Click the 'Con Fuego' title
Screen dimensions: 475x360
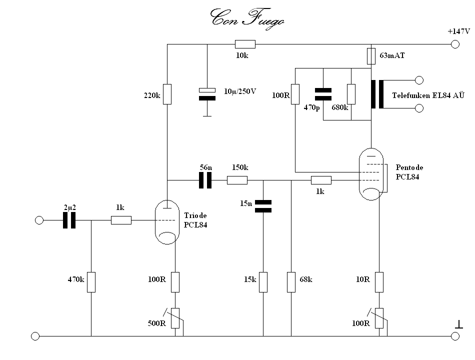pyautogui.click(x=247, y=19)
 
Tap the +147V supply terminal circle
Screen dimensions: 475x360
pyautogui.click(x=455, y=44)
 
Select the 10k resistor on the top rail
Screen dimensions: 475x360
pyautogui.click(x=245, y=44)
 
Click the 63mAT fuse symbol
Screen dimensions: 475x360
pyautogui.click(x=371, y=56)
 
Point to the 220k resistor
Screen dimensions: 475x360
pyautogui.click(x=167, y=94)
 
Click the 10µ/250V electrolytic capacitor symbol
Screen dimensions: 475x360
pyautogui.click(x=207, y=94)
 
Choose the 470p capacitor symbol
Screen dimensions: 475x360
pyautogui.click(x=323, y=94)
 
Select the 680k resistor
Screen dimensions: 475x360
pyautogui.click(x=351, y=94)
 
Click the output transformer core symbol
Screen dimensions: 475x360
pyautogui.click(x=377, y=94)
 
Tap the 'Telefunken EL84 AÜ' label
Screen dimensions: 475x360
pyautogui.click(x=428, y=95)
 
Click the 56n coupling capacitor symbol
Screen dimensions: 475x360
pyautogui.click(x=205, y=180)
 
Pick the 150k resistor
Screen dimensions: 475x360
pyautogui.click(x=237, y=180)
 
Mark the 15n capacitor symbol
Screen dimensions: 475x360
pyautogui.click(x=263, y=206)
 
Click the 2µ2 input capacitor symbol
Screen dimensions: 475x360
pyautogui.click(x=69, y=220)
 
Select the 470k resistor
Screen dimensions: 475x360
pyautogui.click(x=91, y=282)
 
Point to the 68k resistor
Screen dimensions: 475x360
pyautogui.click(x=291, y=282)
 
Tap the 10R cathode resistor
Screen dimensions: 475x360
pyautogui.click(x=379, y=282)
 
